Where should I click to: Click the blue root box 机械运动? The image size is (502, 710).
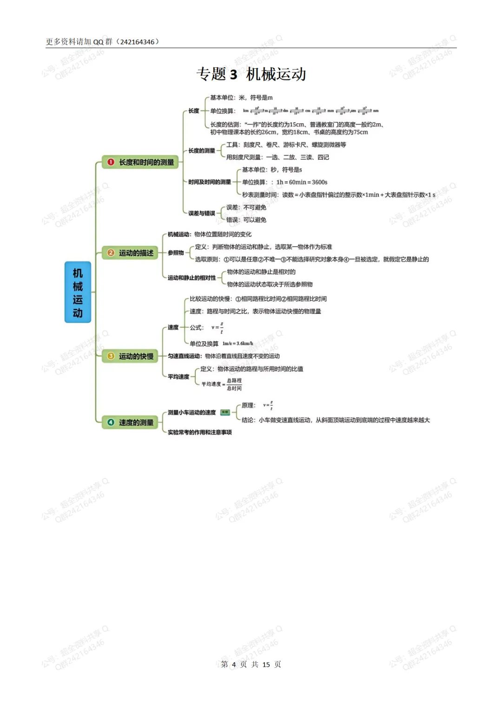pos(78,292)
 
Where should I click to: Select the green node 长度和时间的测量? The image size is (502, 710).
pos(140,162)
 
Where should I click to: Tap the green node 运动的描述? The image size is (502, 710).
pos(130,253)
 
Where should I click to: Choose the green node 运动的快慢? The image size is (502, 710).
pos(130,356)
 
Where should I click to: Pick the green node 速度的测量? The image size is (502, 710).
pos(130,422)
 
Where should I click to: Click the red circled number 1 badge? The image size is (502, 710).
pos(111,162)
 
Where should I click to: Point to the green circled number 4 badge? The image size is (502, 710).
pos(111,422)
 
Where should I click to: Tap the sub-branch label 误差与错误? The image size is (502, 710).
pos(202,213)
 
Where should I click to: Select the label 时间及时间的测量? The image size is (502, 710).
pos(209,182)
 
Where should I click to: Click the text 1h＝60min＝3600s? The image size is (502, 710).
pos(302,182)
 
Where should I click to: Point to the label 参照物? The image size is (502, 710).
pos(176,253)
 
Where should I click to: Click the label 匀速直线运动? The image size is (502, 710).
pos(185,356)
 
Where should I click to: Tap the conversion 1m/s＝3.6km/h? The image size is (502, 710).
pos(238,344)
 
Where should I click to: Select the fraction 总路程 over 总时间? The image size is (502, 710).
pos(234,384)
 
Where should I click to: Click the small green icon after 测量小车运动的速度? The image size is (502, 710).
pos(225,412)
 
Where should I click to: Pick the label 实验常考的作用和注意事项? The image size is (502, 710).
pos(200,432)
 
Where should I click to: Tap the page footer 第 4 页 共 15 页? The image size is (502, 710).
pos(251,664)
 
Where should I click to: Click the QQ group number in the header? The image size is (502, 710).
pos(137,42)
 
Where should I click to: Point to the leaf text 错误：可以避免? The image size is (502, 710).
pos(246,220)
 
